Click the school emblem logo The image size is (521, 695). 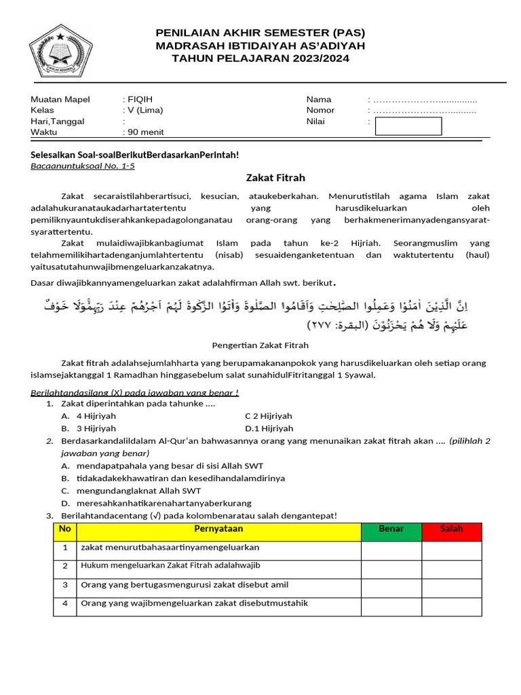(60, 52)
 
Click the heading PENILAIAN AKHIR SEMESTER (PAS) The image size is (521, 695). (260, 33)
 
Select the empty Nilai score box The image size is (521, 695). (408, 126)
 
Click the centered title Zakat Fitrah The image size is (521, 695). (275, 178)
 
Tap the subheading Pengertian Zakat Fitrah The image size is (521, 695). (260, 345)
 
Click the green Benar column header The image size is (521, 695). (391, 529)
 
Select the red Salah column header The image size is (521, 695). (451, 529)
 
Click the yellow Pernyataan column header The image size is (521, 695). (218, 529)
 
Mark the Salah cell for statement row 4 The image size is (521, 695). (451, 604)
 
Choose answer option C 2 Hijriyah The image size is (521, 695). (269, 416)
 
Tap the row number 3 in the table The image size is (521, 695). (65, 584)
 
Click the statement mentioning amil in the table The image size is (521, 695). (185, 584)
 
